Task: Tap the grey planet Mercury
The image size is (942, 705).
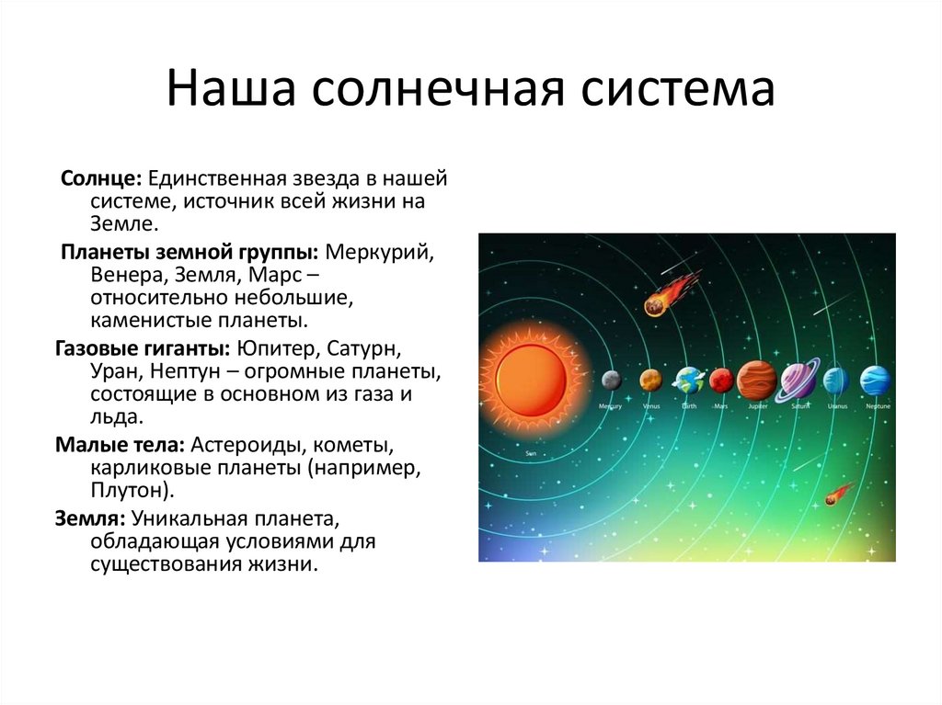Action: (611, 380)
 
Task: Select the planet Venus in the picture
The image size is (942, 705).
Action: (650, 380)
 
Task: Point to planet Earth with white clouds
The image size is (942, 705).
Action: (688, 380)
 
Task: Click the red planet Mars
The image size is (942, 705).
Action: (721, 380)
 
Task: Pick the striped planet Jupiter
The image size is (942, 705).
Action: (757, 380)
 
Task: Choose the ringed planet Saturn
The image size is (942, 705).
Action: (798, 380)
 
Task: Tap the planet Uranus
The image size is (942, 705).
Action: (836, 380)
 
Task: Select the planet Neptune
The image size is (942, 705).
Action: (876, 380)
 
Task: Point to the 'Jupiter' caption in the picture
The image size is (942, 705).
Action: (757, 405)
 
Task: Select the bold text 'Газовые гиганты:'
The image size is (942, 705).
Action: (143, 349)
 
